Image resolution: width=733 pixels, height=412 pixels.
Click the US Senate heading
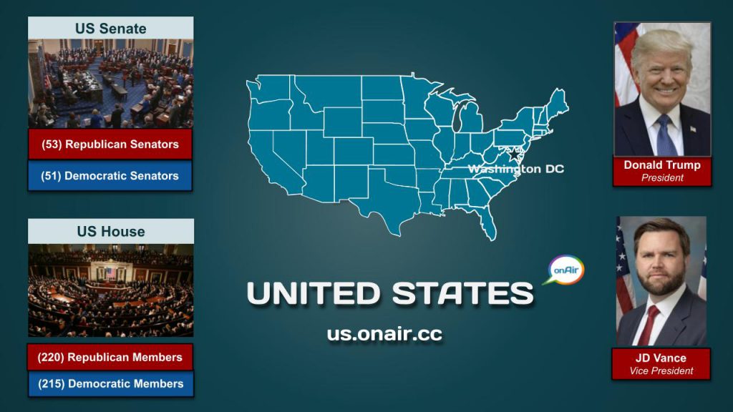110,29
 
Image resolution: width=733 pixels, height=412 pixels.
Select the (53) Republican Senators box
110,144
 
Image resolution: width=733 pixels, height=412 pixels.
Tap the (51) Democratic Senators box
110,175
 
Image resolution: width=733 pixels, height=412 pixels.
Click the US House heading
111,232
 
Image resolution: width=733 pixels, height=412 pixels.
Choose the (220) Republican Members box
110,357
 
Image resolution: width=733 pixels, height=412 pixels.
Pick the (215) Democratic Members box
110,383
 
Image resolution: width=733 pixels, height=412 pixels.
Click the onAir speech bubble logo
566,271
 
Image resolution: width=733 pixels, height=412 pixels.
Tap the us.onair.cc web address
384,334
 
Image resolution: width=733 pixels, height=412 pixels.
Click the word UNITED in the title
314,293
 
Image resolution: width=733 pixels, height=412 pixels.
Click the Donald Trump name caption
662,165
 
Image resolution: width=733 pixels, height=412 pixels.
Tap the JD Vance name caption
660,358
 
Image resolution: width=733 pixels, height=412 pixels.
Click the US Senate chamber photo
110,83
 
